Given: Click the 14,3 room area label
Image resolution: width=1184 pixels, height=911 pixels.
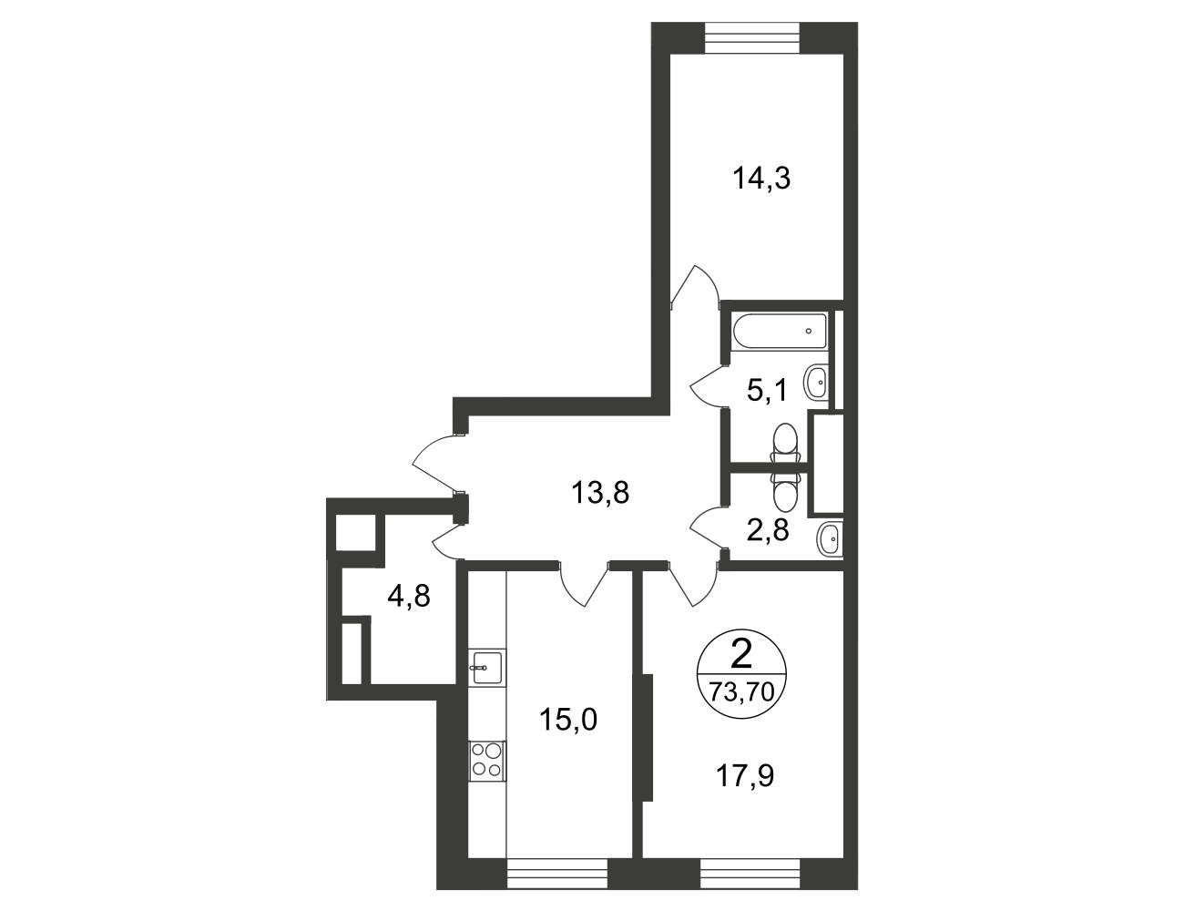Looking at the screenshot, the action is point(761,179).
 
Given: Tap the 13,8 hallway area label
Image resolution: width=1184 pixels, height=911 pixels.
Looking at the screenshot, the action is point(600,493).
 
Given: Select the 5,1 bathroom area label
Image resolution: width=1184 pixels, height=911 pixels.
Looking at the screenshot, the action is point(767,390).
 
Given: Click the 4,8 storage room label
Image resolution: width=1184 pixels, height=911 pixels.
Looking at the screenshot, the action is point(409,597).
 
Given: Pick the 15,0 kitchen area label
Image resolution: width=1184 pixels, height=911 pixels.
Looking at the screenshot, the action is point(569,719).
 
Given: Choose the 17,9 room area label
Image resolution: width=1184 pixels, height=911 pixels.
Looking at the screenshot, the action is point(745,775).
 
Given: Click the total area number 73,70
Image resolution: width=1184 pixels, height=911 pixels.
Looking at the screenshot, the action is point(741,693).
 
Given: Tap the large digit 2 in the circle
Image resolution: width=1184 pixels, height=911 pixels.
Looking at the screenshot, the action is point(741,654).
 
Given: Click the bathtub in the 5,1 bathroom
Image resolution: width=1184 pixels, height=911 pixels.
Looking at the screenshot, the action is point(781,332).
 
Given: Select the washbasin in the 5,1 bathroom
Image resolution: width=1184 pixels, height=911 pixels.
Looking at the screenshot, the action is point(816,384).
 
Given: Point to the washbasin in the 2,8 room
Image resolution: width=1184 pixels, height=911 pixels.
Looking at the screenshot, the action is point(830,539).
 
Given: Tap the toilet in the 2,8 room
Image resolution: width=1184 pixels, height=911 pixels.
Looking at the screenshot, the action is point(784,489).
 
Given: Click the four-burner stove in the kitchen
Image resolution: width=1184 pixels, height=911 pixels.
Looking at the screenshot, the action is point(487,761).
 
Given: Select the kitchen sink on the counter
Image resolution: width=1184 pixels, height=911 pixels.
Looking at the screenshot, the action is point(487,667).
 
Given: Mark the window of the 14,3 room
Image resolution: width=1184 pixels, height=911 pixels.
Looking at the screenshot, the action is point(752,37).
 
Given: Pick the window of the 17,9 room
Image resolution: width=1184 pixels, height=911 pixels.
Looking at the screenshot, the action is point(750,874).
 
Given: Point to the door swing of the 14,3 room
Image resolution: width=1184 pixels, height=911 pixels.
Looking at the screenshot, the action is point(696,285).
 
